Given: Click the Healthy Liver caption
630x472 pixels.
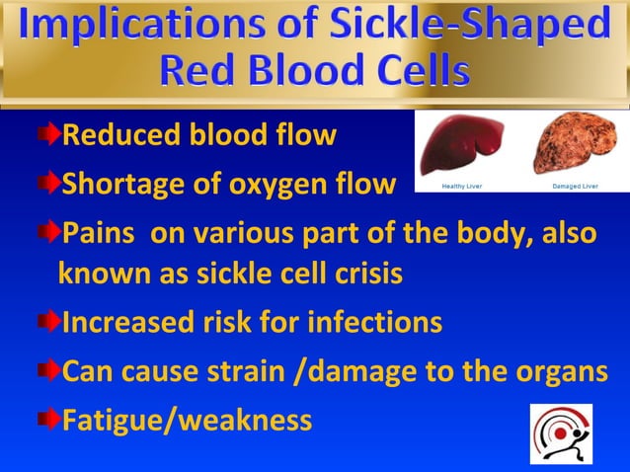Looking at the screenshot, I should click(460, 185).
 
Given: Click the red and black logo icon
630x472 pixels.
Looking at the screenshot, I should click(561, 433).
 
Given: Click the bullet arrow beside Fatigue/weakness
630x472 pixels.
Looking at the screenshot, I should click(49, 421).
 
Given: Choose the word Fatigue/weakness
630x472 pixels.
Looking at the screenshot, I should click(187, 422).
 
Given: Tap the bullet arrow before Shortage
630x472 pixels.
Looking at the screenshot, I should click(49, 183).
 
